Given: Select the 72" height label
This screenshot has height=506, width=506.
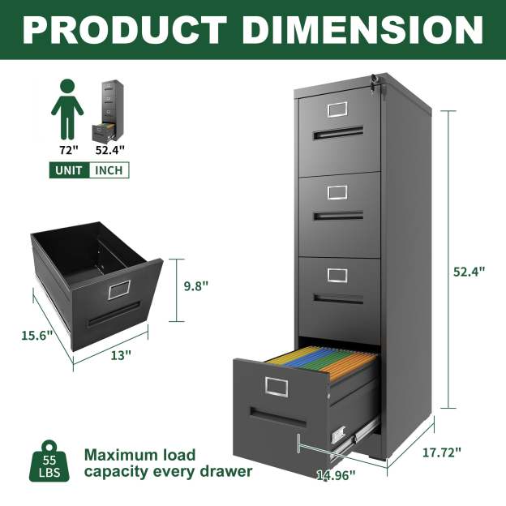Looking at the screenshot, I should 67,149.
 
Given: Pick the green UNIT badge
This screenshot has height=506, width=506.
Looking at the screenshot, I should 69,170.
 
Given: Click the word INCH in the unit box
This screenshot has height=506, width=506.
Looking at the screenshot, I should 109,170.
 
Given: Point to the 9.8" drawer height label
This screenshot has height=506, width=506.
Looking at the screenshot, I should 195,285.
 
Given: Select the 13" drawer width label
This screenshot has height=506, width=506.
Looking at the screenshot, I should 121,354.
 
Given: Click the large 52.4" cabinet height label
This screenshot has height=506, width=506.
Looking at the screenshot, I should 469,272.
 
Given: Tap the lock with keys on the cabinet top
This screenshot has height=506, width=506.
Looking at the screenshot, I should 374,81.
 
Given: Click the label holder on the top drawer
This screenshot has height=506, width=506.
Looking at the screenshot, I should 337,109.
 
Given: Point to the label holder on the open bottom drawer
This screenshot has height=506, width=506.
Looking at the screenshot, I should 276,387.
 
